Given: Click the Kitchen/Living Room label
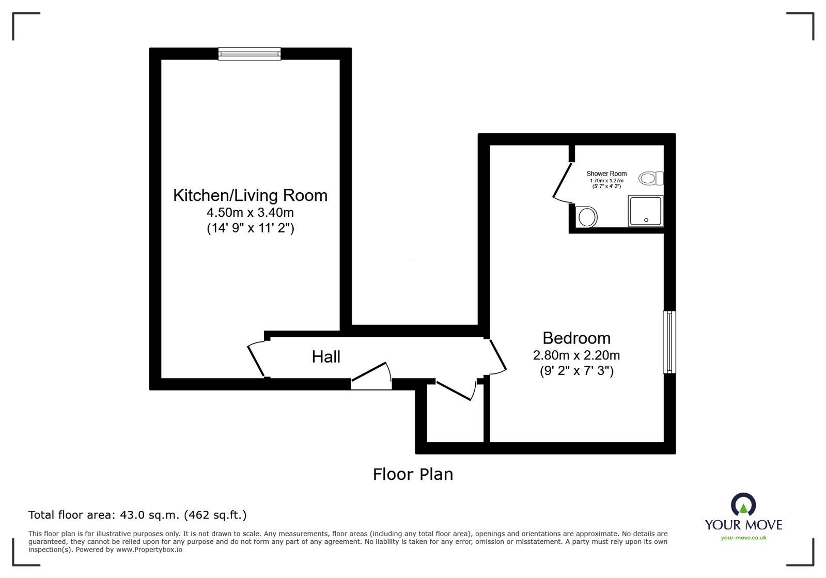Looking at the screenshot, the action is tap(250, 196).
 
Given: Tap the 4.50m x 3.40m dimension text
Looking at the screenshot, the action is tap(250, 213).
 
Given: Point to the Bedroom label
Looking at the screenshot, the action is tap(576, 338).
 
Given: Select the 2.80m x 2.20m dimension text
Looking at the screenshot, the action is tap(576, 355).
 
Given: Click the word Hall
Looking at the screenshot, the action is tap(326, 357).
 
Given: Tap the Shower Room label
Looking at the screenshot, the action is tap(606, 174).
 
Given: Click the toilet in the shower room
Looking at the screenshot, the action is tap(651, 178).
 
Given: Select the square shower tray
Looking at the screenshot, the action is tap(645, 211).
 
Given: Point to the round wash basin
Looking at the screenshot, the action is tap(587, 217).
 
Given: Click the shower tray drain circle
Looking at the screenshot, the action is tap(646, 220).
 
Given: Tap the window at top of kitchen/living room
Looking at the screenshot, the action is tap(250, 54).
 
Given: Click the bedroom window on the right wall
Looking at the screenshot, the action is tap(669, 342).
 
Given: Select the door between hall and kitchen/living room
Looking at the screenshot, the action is tap(256, 360).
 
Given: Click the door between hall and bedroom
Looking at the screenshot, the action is tap(497, 357).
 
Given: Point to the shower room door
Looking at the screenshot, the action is tap(562, 182).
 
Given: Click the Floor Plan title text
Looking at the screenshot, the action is tap(413, 474).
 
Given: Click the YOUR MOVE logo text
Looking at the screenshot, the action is tap(743, 525).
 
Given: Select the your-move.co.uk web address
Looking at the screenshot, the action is tap(743, 538).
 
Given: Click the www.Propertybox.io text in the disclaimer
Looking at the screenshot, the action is tap(149, 550).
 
